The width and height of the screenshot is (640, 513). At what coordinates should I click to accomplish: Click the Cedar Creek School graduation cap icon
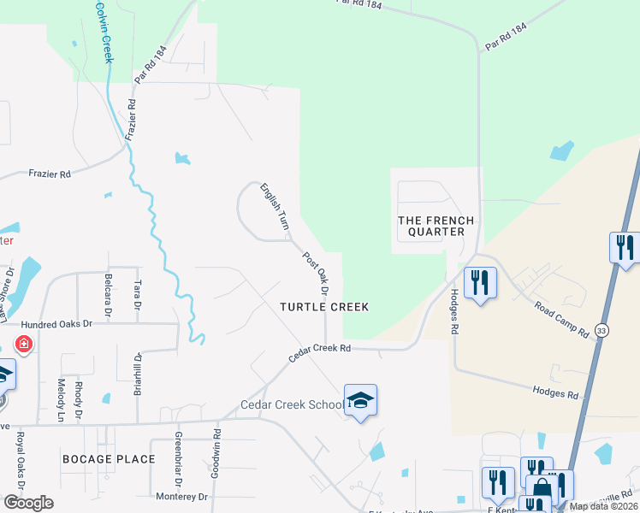(361, 400)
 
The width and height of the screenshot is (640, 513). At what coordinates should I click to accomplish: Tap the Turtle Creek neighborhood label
(325, 307)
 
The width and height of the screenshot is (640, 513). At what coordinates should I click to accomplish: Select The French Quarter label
(431, 226)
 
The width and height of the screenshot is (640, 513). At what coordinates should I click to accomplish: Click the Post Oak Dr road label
(315, 268)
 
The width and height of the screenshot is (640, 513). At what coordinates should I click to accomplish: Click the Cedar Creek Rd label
(320, 352)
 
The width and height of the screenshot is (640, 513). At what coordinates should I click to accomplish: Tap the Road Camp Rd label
(561, 318)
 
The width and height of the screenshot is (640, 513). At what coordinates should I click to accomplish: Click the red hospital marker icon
(24, 345)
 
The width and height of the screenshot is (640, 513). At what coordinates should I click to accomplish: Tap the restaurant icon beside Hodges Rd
(480, 282)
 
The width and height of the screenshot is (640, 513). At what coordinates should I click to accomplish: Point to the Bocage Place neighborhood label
(109, 459)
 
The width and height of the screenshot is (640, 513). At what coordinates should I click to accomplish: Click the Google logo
(27, 503)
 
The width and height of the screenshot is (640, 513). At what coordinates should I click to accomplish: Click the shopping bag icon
(542, 490)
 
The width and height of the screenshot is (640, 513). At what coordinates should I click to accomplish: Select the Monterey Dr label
(182, 496)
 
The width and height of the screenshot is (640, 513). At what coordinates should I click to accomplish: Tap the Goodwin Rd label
(216, 459)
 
